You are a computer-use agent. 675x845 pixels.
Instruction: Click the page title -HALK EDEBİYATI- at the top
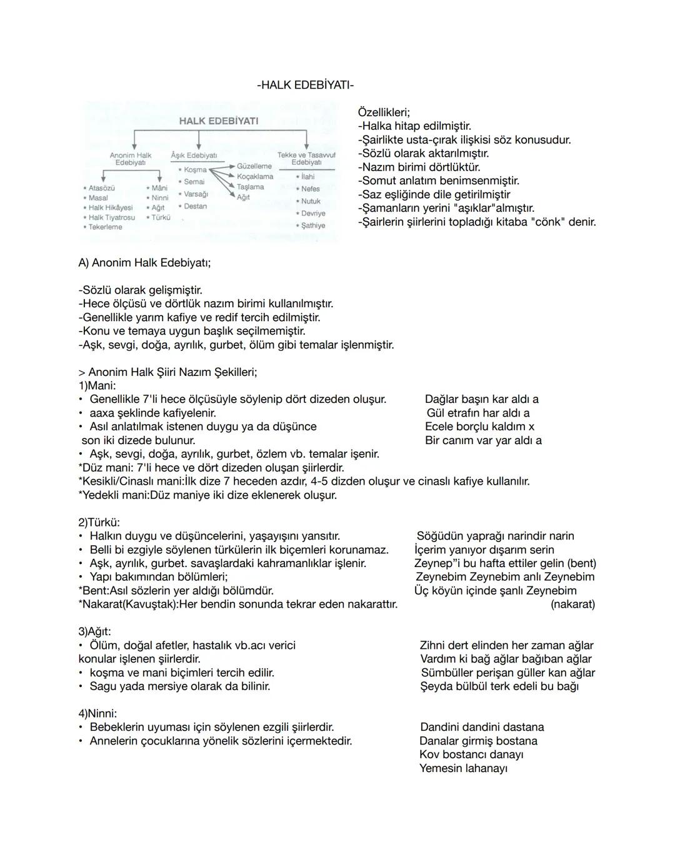tap(305, 85)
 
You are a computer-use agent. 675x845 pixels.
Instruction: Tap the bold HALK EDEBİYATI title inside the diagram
tap(218, 121)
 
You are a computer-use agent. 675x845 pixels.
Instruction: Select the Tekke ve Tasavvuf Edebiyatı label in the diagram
tap(306, 158)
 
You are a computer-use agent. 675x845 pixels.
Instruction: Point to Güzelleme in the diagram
tap(254, 166)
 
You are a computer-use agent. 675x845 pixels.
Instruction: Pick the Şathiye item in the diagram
tap(313, 225)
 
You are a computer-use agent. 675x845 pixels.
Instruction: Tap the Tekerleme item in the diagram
tap(105, 227)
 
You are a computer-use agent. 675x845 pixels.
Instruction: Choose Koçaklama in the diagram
tap(255, 177)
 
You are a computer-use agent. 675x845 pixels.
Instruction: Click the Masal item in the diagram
tap(98, 198)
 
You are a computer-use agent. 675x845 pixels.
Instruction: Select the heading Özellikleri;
tap(383, 112)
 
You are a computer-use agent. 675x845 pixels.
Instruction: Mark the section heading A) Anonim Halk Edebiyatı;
tap(144, 263)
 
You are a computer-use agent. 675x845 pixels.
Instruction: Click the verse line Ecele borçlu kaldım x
tap(479, 427)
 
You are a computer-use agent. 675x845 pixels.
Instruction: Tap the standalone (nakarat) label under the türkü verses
tap(572, 605)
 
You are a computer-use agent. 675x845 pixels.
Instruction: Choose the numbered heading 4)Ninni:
tap(97, 713)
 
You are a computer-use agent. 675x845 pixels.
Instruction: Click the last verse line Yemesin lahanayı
tap(463, 769)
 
